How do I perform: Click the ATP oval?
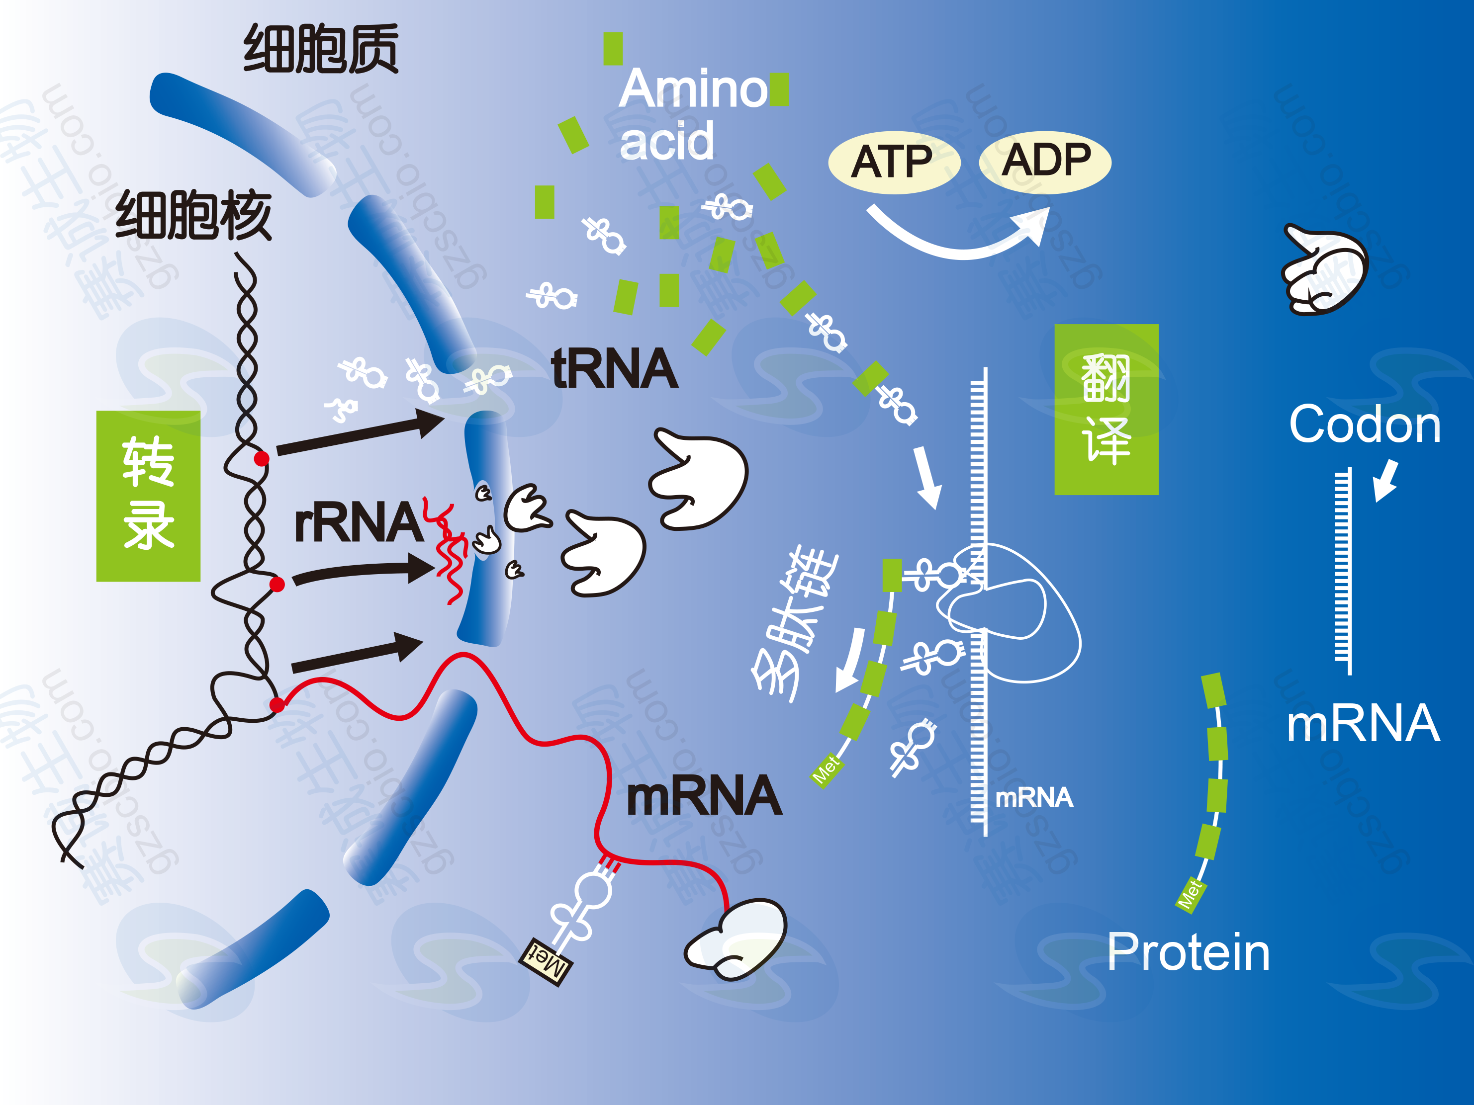point(893,162)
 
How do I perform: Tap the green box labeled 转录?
point(148,496)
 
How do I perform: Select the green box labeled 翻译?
point(1106,409)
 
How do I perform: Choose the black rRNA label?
point(358,523)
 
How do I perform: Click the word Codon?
point(1364,425)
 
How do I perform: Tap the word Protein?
point(1188,952)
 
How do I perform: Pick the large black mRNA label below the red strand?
point(704,795)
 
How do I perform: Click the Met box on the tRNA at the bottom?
point(545,962)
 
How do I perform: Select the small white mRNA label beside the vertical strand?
point(1033,797)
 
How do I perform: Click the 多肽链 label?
point(794,623)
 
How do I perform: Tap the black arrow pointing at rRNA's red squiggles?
point(363,572)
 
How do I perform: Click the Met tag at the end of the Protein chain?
point(1190,893)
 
